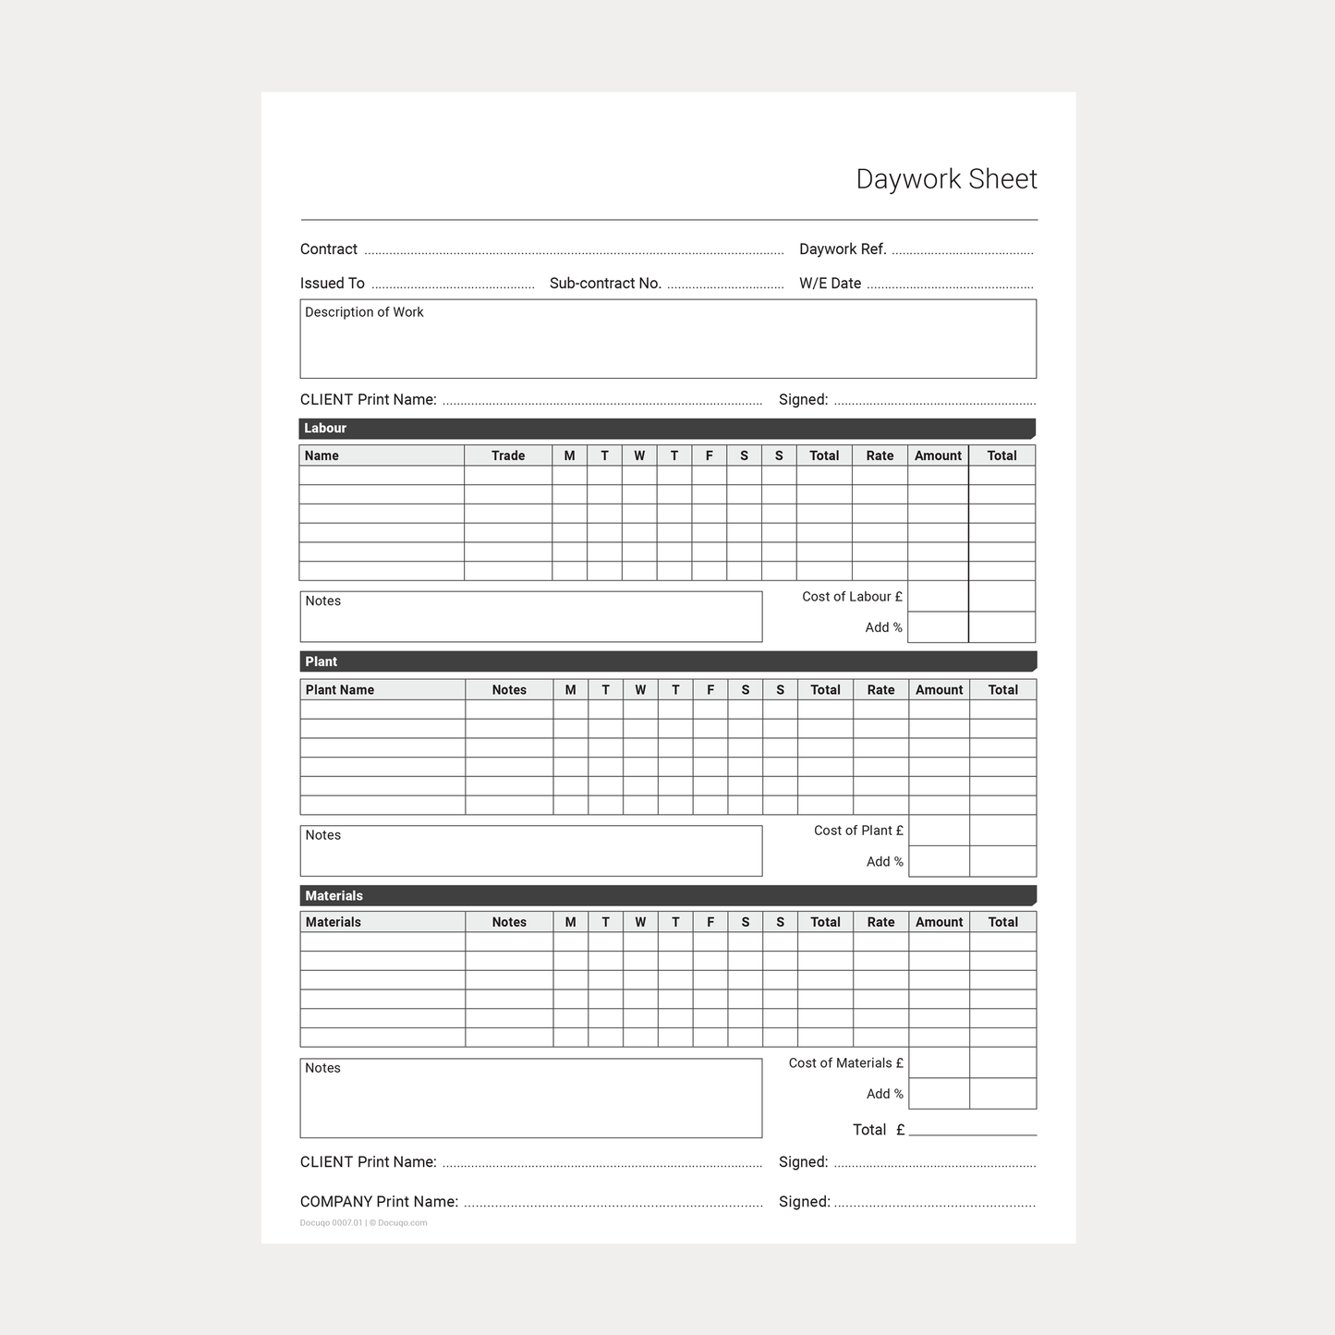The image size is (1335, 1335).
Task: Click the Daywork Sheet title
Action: pos(946,178)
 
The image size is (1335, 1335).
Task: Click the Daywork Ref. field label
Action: pos(843,249)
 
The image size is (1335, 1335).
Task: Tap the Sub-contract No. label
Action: pos(605,284)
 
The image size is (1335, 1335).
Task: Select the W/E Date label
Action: pos(830,284)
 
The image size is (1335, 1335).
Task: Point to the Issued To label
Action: pos(333,284)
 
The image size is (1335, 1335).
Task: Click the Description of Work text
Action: pos(364,312)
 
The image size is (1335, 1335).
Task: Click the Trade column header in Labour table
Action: pos(508,455)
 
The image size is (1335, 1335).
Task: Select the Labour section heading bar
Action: pos(666,429)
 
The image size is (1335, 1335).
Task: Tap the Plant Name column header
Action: pos(340,690)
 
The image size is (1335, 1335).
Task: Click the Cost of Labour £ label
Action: pos(852,597)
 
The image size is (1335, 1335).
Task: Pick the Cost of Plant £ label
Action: pos(858,831)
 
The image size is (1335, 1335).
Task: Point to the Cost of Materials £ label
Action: pos(845,1063)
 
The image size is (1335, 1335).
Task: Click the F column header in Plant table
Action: pos(710,690)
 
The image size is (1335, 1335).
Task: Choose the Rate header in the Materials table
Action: pos(880,922)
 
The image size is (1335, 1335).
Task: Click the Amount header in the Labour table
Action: pos(938,455)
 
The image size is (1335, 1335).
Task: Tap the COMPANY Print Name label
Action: pos(379,1202)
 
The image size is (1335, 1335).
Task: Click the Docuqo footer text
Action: pos(363,1223)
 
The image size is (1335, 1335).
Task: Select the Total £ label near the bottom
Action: pos(878,1130)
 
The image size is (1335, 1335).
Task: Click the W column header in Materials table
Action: pos(640,922)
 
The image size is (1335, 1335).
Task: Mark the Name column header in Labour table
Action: pos(322,455)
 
